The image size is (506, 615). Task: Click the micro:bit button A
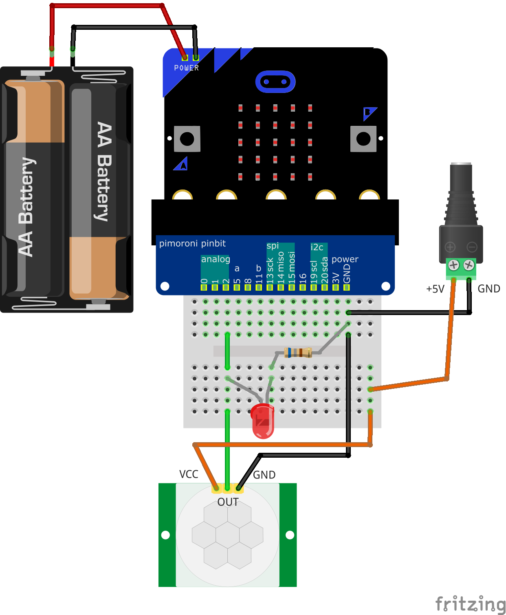(x=187, y=139)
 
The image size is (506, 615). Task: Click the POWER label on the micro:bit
(x=187, y=68)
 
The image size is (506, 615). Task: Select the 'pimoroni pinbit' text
(x=192, y=244)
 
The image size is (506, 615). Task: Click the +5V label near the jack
(x=435, y=289)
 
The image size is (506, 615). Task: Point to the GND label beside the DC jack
(x=488, y=289)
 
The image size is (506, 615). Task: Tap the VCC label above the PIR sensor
(x=189, y=474)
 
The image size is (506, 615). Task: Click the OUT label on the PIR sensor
(x=228, y=502)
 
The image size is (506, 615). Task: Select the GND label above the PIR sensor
(x=264, y=475)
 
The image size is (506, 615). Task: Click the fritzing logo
(x=470, y=604)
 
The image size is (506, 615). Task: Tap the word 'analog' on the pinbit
(x=216, y=259)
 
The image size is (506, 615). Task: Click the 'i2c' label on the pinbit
(x=317, y=247)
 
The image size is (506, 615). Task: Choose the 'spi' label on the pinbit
(x=273, y=246)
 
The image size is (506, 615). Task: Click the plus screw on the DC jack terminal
(x=453, y=265)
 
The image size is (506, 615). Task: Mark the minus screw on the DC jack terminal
(x=469, y=265)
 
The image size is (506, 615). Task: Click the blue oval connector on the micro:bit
(x=275, y=82)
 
